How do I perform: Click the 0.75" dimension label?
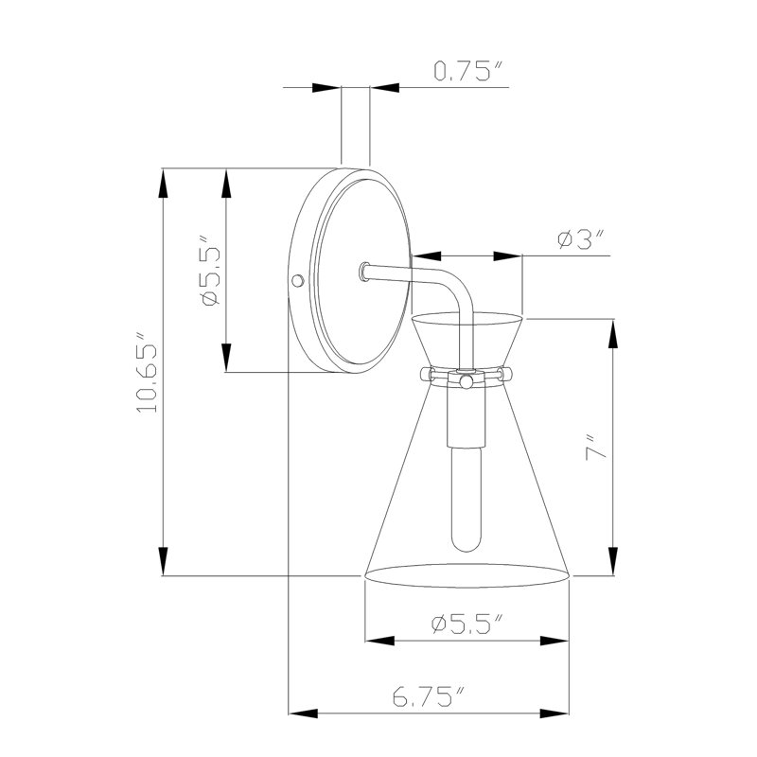[x=468, y=72]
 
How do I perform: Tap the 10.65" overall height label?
[x=148, y=372]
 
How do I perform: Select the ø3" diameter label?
[x=581, y=240]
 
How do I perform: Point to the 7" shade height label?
[x=595, y=448]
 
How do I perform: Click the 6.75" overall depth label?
[x=429, y=696]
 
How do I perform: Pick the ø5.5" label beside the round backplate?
[x=210, y=271]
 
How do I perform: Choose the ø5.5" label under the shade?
[x=467, y=625]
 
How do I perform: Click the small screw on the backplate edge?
[x=298, y=280]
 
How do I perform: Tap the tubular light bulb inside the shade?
[x=467, y=499]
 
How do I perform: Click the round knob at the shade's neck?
[x=466, y=382]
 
